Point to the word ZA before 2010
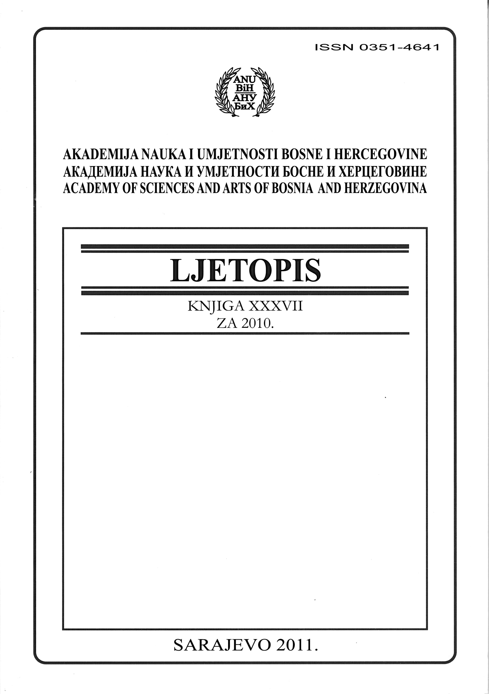coord(227,324)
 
